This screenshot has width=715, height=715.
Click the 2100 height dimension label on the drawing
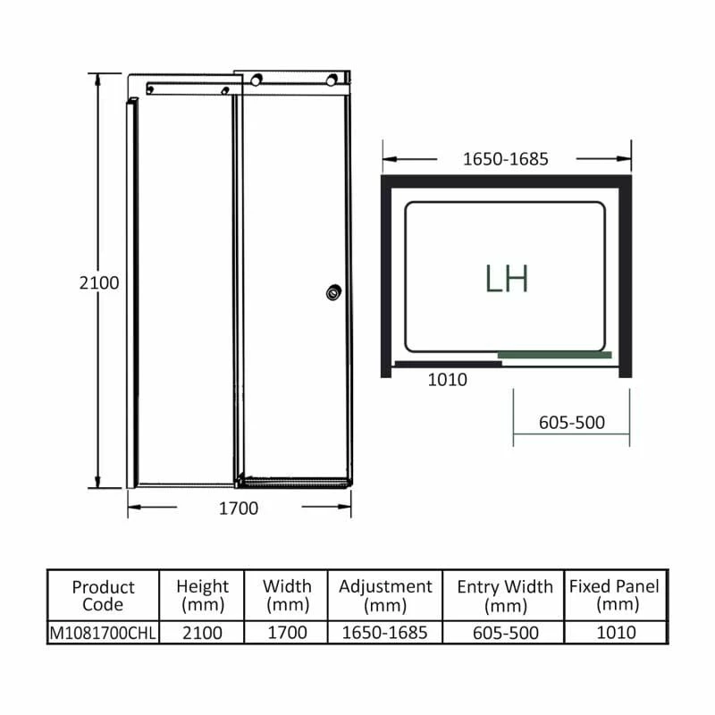coord(98,282)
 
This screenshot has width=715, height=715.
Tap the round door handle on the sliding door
coord(334,291)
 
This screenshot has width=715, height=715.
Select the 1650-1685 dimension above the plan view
coord(505,160)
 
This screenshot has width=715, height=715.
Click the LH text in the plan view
coord(507,279)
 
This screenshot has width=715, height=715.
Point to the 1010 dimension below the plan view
coord(447,380)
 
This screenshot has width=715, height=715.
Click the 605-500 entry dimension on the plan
coord(572,423)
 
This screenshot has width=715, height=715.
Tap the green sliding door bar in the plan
coord(554,355)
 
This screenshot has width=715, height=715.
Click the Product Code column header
coord(103,595)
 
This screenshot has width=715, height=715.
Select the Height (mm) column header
coord(203,595)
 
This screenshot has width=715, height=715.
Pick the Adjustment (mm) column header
coord(385,595)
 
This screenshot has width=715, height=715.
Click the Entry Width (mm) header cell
coord(505,595)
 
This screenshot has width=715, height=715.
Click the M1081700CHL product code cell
coord(103,633)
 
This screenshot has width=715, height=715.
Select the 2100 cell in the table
coord(203,633)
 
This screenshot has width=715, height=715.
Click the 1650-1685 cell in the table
coord(385,633)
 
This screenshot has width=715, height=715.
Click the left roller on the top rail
coord(257,80)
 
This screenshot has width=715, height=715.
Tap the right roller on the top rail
coord(333,80)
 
